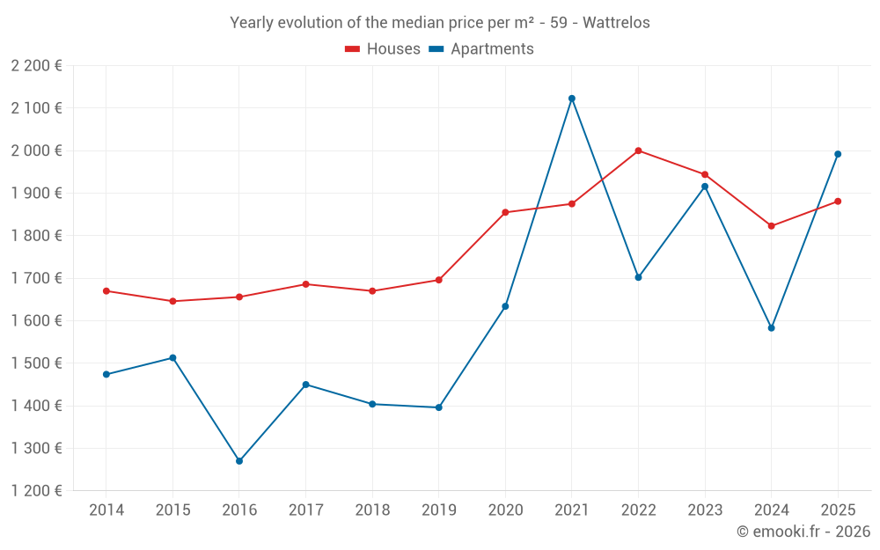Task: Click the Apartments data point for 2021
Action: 572,99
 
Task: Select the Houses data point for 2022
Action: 638,150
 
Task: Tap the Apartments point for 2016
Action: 239,461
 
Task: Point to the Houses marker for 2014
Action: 106,290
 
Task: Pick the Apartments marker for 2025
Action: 838,154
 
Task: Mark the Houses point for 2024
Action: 771,226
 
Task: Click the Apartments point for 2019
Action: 438,407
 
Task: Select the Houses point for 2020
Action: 505,212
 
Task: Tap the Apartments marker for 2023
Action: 705,187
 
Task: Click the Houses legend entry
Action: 383,49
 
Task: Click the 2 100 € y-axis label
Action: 36,108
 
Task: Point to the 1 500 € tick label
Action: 36,363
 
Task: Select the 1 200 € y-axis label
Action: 36,491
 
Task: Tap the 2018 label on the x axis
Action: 372,510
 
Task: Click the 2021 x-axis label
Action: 572,510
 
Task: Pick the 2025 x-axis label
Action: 838,510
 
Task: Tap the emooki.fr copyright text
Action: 803,532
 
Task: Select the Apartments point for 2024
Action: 771,328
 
